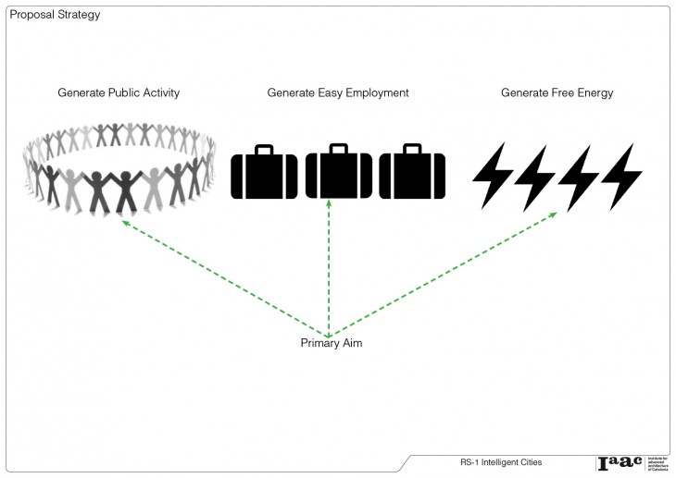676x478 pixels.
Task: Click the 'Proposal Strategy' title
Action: [x=55, y=16]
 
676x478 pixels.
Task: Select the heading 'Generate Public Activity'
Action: [x=119, y=93]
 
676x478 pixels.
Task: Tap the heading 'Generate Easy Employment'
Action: [x=338, y=93]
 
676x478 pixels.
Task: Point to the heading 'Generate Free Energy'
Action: [x=557, y=93]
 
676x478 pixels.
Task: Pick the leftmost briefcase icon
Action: [x=264, y=174]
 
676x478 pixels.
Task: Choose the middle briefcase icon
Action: [x=338, y=174]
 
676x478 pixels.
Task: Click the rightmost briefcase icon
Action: [x=411, y=174]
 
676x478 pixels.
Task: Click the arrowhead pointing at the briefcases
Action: [x=329, y=208]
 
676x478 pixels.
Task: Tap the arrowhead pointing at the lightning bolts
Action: [x=554, y=214]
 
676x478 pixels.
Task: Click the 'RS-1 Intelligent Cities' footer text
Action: [x=501, y=461]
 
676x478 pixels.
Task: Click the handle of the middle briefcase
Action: [x=338, y=148]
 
